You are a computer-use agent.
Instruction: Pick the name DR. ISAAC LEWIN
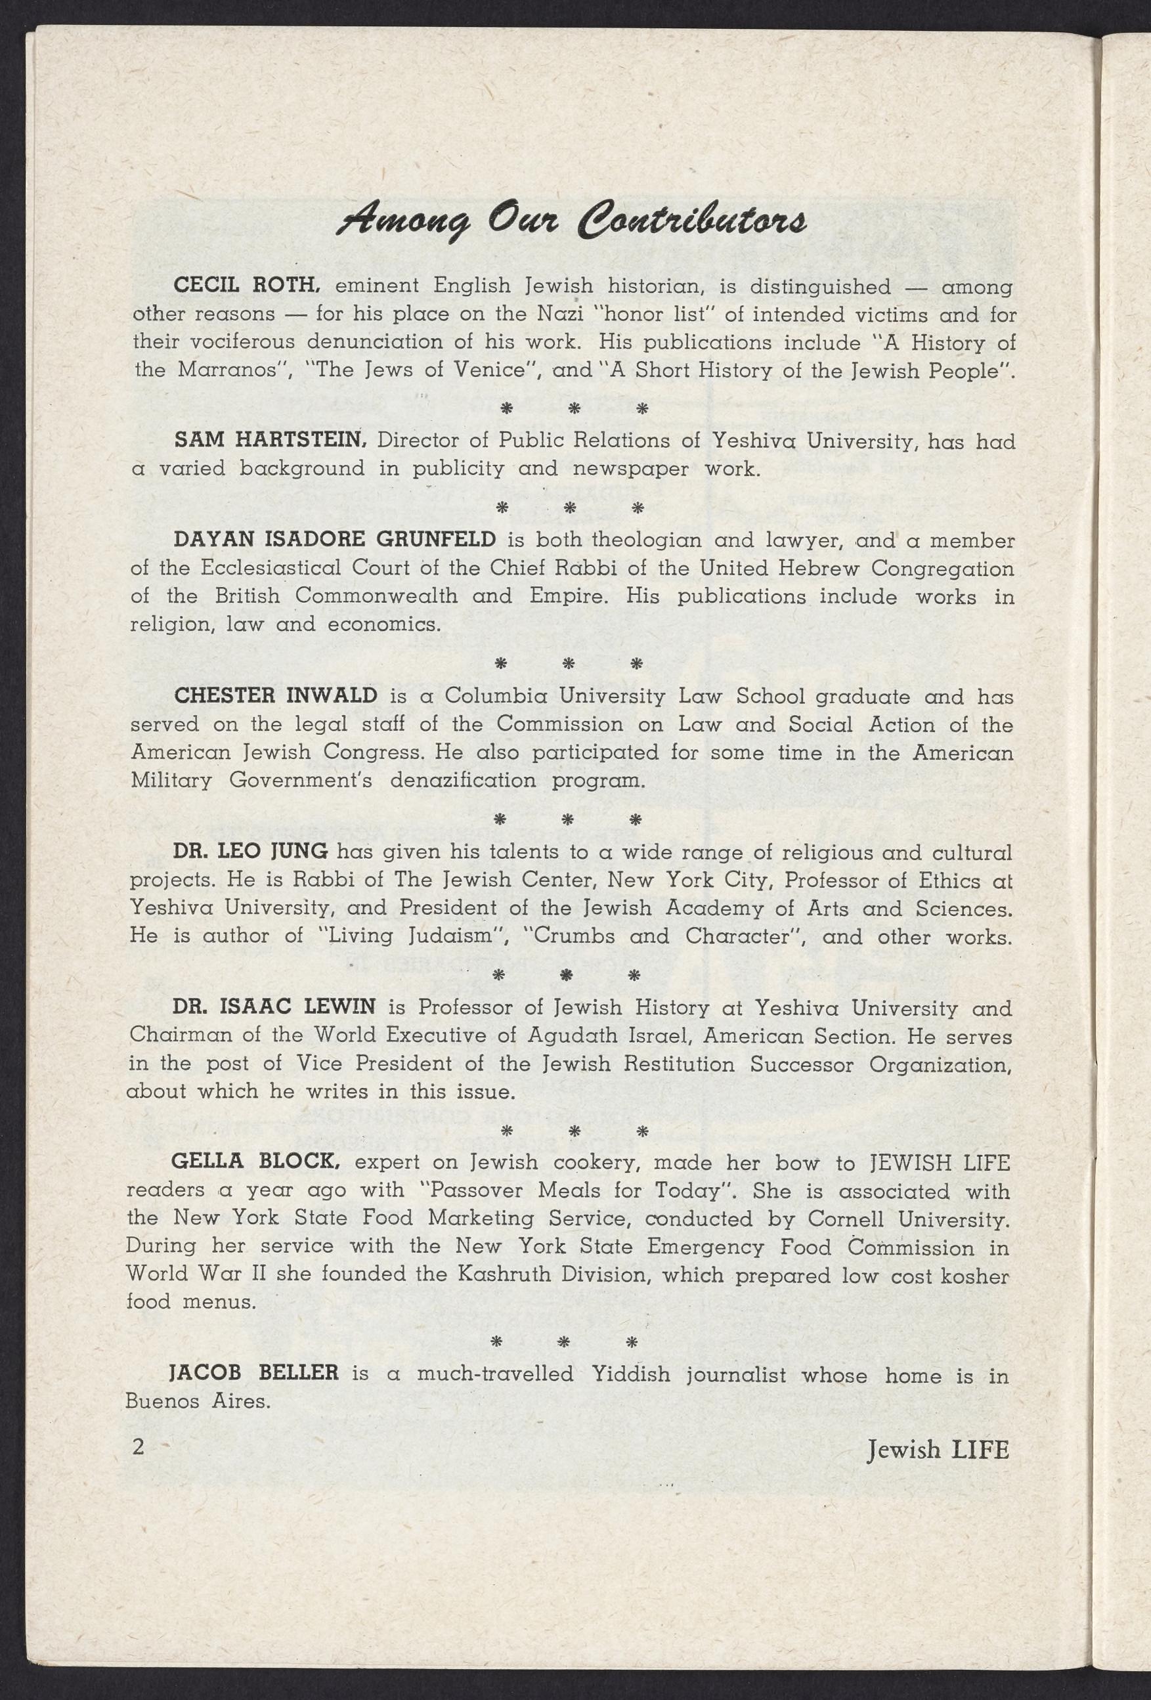pyautogui.click(x=274, y=1008)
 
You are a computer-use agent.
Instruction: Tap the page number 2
pyautogui.click(x=137, y=1426)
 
